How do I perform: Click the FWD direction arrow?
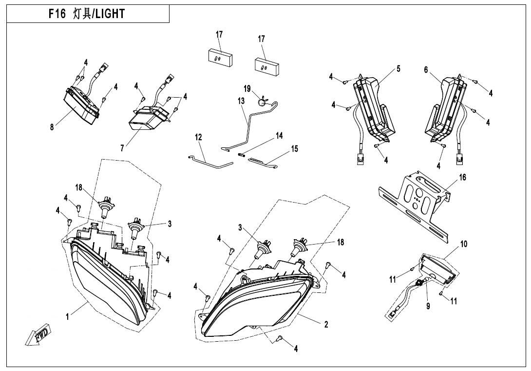[38, 336]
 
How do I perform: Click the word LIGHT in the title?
[110, 14]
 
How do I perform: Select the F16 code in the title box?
[57, 14]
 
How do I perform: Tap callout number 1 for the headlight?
[68, 316]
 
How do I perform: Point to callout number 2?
[326, 324]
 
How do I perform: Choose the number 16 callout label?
[462, 177]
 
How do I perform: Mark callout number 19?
[247, 88]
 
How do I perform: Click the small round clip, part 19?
[264, 101]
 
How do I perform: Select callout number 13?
[241, 101]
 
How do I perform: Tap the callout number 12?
[199, 138]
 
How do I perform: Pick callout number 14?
[279, 136]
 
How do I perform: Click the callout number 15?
[294, 149]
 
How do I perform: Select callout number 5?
[398, 69]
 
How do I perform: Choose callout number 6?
[426, 70]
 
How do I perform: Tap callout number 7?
[122, 148]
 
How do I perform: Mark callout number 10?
[464, 244]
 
